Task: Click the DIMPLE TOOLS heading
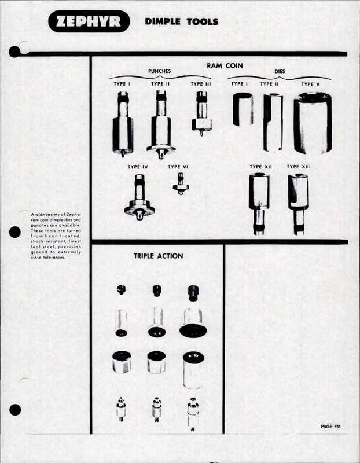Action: coord(181,22)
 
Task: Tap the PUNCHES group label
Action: coord(160,72)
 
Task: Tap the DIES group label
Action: coord(279,72)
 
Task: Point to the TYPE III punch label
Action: coord(201,84)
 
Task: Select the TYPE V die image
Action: coord(313,122)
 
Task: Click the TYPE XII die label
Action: coord(260,167)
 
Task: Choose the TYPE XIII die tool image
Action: coord(299,203)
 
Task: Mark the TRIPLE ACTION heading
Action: coord(158,256)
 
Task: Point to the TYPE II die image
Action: coord(273,122)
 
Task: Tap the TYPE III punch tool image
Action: coord(201,113)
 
